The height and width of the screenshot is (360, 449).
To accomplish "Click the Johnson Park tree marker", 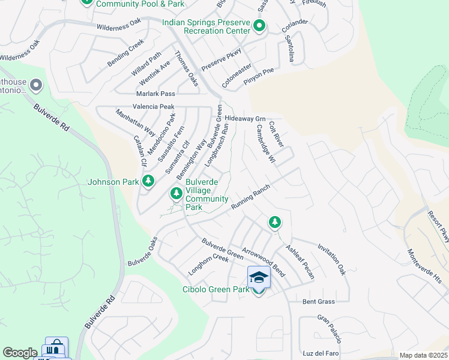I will pyautogui.click(x=148, y=181).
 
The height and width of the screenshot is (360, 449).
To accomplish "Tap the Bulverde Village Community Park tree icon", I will pyautogui.click(x=176, y=193).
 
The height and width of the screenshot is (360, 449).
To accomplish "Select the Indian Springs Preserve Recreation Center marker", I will pyautogui.click(x=259, y=26).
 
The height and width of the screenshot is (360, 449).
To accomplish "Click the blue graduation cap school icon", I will pyautogui.click(x=259, y=277).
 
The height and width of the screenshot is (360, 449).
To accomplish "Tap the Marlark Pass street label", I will pyautogui.click(x=155, y=94).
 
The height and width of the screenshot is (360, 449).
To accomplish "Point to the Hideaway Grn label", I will pyautogui.click(x=245, y=119).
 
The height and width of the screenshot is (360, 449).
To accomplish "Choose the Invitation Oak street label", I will pyautogui.click(x=332, y=259).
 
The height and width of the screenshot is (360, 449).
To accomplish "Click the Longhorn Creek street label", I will pyautogui.click(x=209, y=265).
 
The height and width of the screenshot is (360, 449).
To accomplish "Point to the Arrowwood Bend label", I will pyautogui.click(x=264, y=262).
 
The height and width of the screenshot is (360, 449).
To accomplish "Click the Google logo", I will pyautogui.click(x=20, y=353).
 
